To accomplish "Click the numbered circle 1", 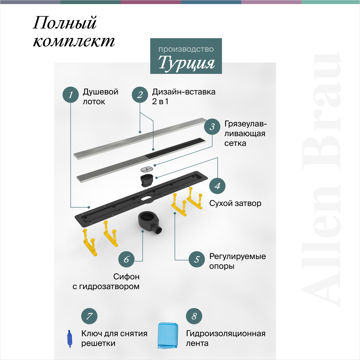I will [x=71, y=95].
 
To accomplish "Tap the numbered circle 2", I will [x=140, y=95].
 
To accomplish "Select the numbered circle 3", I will [x=212, y=126].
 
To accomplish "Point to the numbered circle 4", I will [x=217, y=186].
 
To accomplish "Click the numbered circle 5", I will [x=197, y=259].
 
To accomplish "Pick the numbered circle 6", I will [x=126, y=259].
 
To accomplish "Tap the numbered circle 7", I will [x=89, y=316].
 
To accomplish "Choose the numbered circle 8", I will [x=194, y=316].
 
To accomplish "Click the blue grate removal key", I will [x=70, y=339].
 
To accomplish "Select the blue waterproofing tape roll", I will [x=168, y=335].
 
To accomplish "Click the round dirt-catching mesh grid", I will [x=147, y=169].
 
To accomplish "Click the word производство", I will [x=186, y=49].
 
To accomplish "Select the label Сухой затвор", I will [x=235, y=203].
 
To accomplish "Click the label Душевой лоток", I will [x=100, y=97].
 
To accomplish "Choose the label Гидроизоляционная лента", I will [x=225, y=338].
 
